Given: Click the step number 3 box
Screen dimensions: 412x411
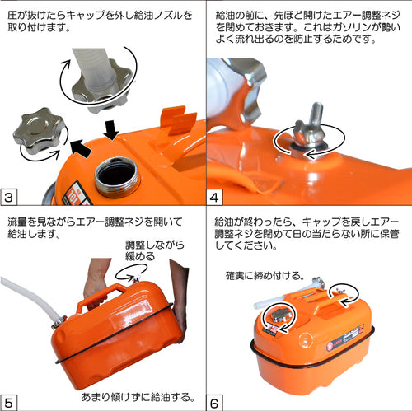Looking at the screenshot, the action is point(9,197).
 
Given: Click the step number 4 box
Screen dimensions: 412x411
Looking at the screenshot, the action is point(214,197).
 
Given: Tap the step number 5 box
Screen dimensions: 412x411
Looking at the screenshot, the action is point(9,403).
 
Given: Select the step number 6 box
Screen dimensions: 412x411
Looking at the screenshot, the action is point(214,403).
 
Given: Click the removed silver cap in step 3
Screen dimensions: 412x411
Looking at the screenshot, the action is point(38,130).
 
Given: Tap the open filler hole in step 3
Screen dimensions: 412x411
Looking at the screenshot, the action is point(117,175).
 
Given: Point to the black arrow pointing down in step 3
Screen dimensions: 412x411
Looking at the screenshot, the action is point(111,130).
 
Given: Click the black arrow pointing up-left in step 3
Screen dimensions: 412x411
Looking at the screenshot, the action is point(81,148).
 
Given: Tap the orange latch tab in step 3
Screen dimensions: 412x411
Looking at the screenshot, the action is point(178,120).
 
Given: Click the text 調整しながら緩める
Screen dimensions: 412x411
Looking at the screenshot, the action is point(155,250).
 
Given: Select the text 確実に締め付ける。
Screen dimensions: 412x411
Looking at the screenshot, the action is point(265,275).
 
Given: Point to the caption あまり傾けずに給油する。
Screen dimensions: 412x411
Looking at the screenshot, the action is point(138,397).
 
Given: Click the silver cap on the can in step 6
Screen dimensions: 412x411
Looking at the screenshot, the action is point(280,315).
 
